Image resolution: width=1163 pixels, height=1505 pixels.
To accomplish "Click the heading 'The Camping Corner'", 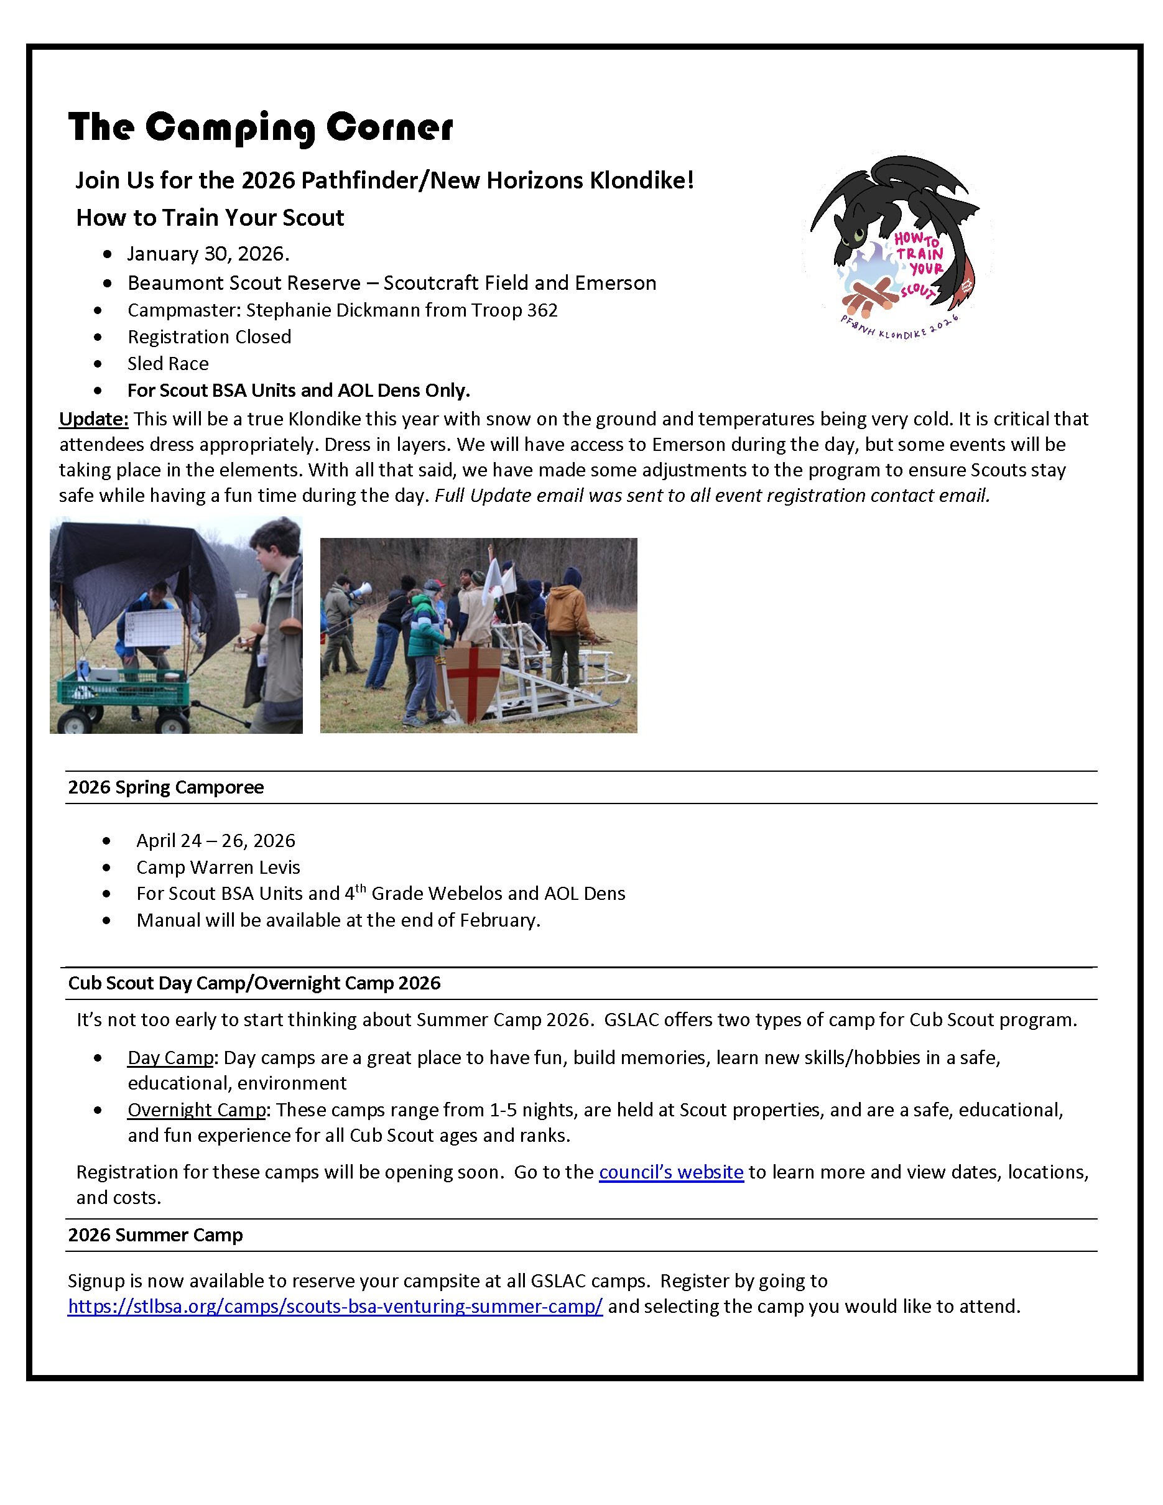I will tap(261, 128).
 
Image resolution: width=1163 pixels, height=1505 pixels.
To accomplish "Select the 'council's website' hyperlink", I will tap(671, 1172).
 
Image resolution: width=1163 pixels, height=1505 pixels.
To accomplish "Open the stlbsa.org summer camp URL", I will tap(335, 1306).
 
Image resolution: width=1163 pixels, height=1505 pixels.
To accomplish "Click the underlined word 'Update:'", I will tap(94, 419).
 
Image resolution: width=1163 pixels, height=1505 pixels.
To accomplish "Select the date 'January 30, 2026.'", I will tap(208, 254).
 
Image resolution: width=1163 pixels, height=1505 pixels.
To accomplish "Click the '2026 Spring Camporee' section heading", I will tap(166, 787).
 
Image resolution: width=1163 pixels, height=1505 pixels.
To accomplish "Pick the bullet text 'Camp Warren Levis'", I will tap(218, 867).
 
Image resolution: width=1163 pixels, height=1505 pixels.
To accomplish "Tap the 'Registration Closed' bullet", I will tap(210, 337).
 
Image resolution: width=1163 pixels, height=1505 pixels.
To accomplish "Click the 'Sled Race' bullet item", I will tap(168, 364).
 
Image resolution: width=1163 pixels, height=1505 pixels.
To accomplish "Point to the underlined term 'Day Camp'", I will tap(170, 1058).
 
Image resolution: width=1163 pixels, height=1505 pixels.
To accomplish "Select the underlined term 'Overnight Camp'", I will tap(197, 1110).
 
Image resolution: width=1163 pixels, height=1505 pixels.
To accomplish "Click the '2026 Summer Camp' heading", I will tap(155, 1235).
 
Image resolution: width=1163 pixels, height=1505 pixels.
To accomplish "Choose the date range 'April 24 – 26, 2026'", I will tap(216, 841).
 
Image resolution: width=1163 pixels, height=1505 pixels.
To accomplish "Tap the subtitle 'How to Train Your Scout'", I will tap(210, 218).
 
